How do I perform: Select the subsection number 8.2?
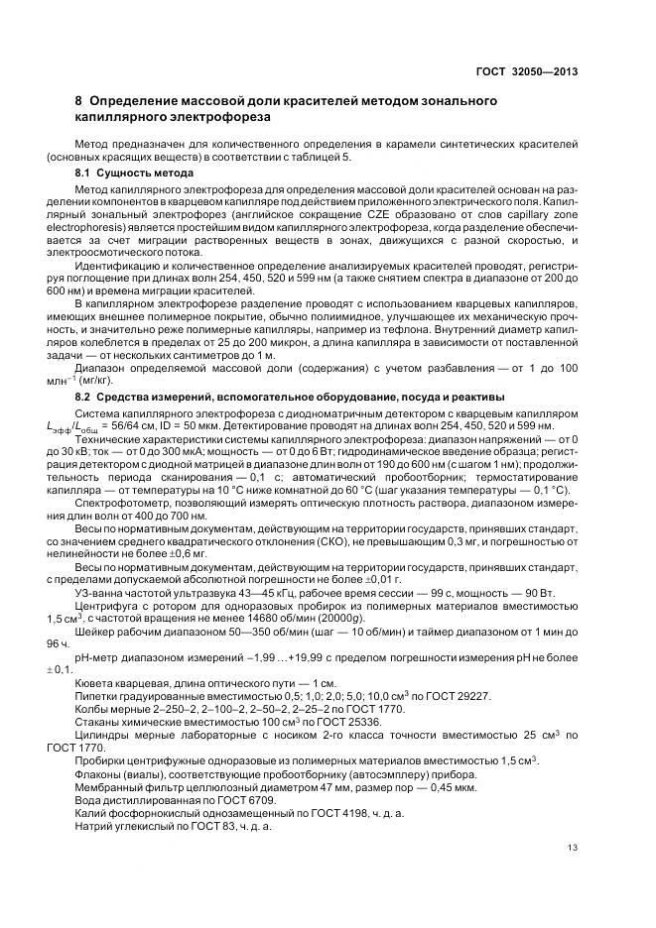tap(86, 398)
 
